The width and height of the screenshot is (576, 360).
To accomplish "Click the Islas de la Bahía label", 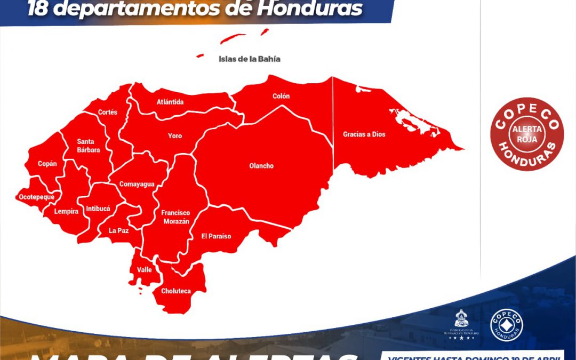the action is coord(249,59).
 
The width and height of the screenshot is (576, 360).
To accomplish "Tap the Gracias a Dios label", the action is coord(364,134).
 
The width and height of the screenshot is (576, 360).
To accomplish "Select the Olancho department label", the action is coord(261,166).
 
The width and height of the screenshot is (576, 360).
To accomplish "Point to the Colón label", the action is coord(281,96).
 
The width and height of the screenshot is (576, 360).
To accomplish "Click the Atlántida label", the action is coord(170,102).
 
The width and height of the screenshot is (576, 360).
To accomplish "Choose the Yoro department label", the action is coord(175,136).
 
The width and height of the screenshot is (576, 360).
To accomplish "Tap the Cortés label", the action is coord(108,113).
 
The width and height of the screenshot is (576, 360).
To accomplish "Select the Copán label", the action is coord(47,164).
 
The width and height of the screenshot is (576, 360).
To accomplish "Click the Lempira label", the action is coord(67,211).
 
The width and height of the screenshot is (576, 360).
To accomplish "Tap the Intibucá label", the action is coord(98,209).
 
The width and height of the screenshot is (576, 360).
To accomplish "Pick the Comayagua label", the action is coord(137,185).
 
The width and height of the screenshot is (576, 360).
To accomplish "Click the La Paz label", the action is coord(118,231).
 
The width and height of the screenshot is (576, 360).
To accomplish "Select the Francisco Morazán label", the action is coord(175,217).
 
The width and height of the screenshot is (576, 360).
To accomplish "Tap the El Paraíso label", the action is coord(216,236).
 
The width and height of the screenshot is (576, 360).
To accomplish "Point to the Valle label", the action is coord(145,270).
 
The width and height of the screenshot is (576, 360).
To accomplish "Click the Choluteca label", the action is coord(176,291).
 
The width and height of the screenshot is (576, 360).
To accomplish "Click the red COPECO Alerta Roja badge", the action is coord(527,134).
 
